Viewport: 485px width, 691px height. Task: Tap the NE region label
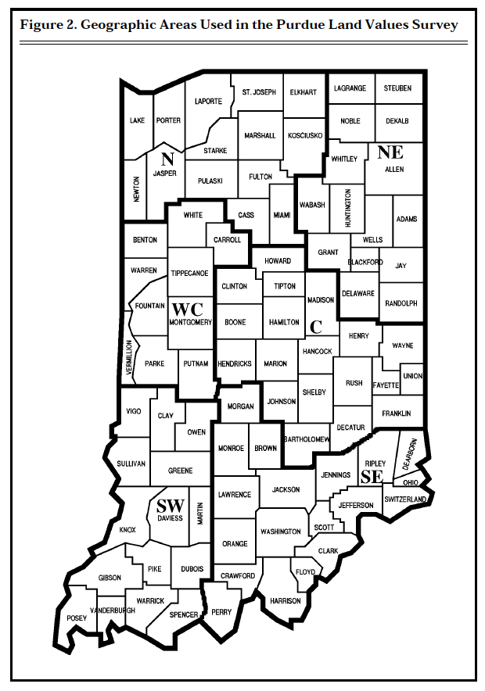click(390, 152)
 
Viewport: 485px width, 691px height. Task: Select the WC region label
click(187, 309)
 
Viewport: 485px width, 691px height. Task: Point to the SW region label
click(170, 505)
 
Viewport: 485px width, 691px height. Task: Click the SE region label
click(370, 477)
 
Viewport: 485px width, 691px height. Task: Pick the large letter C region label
click(316, 326)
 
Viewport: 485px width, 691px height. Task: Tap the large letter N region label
click(166, 158)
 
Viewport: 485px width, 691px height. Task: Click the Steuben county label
click(397, 88)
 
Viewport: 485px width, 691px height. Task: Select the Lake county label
click(137, 120)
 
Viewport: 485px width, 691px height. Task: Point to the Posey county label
click(77, 618)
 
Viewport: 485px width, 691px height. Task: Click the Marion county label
click(275, 363)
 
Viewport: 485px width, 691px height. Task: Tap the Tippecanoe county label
click(189, 274)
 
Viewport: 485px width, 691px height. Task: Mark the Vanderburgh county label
click(113, 610)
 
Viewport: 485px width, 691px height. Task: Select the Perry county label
click(221, 612)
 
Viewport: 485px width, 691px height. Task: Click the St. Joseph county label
click(259, 92)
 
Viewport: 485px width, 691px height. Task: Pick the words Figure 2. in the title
click(48, 25)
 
